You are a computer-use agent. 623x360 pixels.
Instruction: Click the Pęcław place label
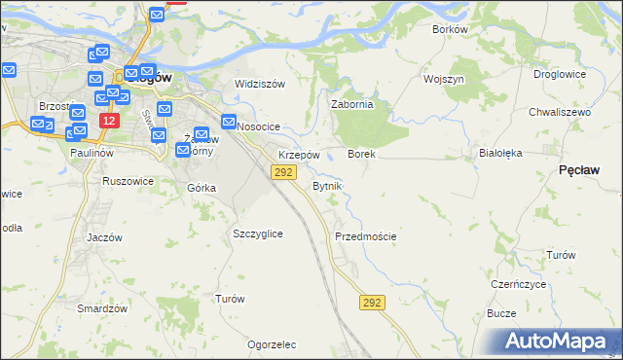click(x=578, y=169)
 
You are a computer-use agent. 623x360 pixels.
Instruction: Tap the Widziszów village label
click(x=260, y=84)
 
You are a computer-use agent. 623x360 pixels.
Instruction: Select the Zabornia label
click(x=352, y=105)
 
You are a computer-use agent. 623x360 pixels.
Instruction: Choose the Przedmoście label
click(x=365, y=236)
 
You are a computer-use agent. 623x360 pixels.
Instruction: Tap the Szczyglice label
click(x=258, y=234)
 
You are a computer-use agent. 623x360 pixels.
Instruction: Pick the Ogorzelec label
click(x=272, y=344)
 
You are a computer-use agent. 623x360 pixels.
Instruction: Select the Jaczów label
click(x=104, y=237)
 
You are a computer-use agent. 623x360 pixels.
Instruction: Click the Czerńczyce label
click(x=518, y=284)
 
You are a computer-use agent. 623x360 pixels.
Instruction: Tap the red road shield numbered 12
click(x=109, y=121)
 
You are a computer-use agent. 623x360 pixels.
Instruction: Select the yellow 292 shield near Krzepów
click(x=282, y=172)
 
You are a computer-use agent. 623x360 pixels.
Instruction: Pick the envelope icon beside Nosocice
click(x=229, y=123)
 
